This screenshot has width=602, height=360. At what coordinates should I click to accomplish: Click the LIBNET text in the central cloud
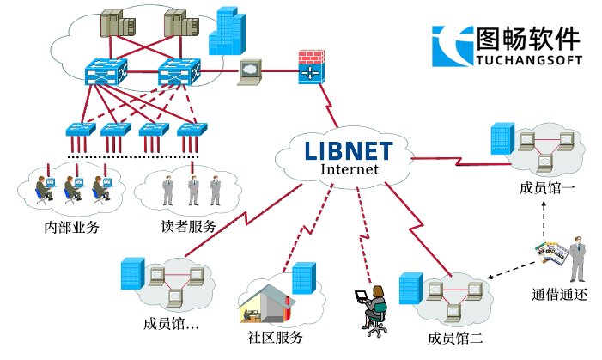point(349,150)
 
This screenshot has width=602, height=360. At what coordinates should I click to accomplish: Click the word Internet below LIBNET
point(349,169)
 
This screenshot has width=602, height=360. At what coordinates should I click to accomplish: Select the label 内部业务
point(72,228)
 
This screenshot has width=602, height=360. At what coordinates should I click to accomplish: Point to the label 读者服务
point(188,228)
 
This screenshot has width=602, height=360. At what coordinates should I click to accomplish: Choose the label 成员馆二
point(456,336)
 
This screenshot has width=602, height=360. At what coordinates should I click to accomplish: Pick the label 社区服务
point(275,337)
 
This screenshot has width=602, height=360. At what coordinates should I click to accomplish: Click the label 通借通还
point(559,294)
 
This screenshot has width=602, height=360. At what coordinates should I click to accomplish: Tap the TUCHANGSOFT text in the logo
point(527,60)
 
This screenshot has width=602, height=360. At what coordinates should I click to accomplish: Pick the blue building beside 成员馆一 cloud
point(502,138)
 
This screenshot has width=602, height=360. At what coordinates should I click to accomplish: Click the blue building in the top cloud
point(228,30)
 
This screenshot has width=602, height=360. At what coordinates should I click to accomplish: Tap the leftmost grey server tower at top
point(112,27)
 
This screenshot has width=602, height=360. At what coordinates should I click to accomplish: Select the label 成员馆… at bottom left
point(172,324)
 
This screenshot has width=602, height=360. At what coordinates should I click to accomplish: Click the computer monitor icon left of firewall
point(250,70)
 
